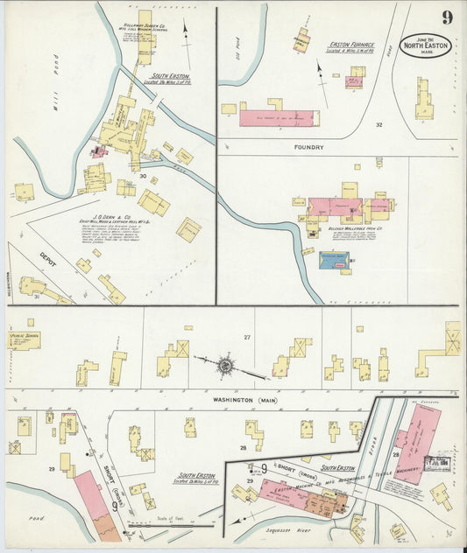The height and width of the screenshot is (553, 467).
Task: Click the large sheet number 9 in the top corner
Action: [447, 17]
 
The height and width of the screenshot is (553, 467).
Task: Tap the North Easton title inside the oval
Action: [426, 45]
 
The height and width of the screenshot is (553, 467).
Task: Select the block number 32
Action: [379, 125]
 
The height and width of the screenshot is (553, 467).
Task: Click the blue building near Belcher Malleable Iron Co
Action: [334, 261]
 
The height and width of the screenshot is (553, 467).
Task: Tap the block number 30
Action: [141, 176]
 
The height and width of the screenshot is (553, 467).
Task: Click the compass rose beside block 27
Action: [225, 364]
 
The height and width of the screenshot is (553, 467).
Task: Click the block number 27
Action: [247, 337]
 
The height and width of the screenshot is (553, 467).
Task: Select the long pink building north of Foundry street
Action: [279, 118]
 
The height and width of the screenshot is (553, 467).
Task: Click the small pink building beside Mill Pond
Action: [98, 152]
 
